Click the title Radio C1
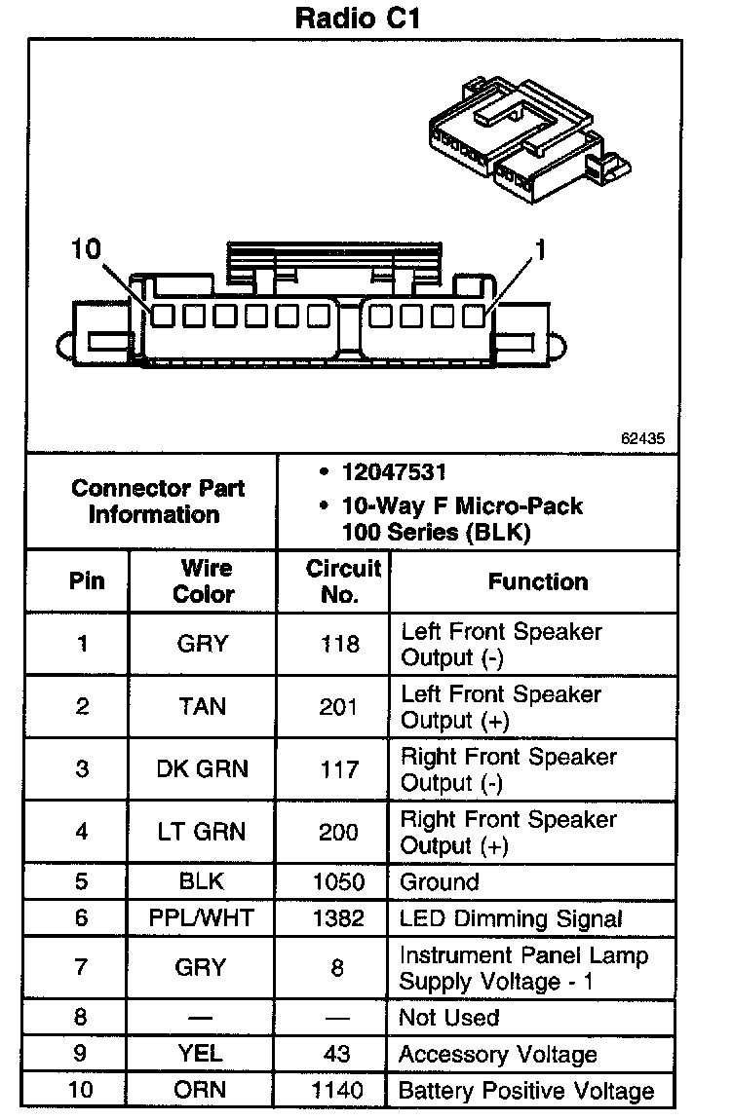(x=357, y=19)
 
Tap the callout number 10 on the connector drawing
(x=86, y=249)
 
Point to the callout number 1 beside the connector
(x=538, y=251)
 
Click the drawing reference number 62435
(x=643, y=439)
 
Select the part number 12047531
(x=394, y=473)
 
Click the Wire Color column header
(x=203, y=581)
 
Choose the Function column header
(x=538, y=581)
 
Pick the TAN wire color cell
(x=203, y=707)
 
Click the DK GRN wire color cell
(x=203, y=769)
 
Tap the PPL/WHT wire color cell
(x=203, y=918)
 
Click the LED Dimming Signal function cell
(x=511, y=918)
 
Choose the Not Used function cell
(x=449, y=1018)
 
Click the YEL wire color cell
(x=203, y=1054)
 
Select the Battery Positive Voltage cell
(x=526, y=1090)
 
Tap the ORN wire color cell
(x=203, y=1090)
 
